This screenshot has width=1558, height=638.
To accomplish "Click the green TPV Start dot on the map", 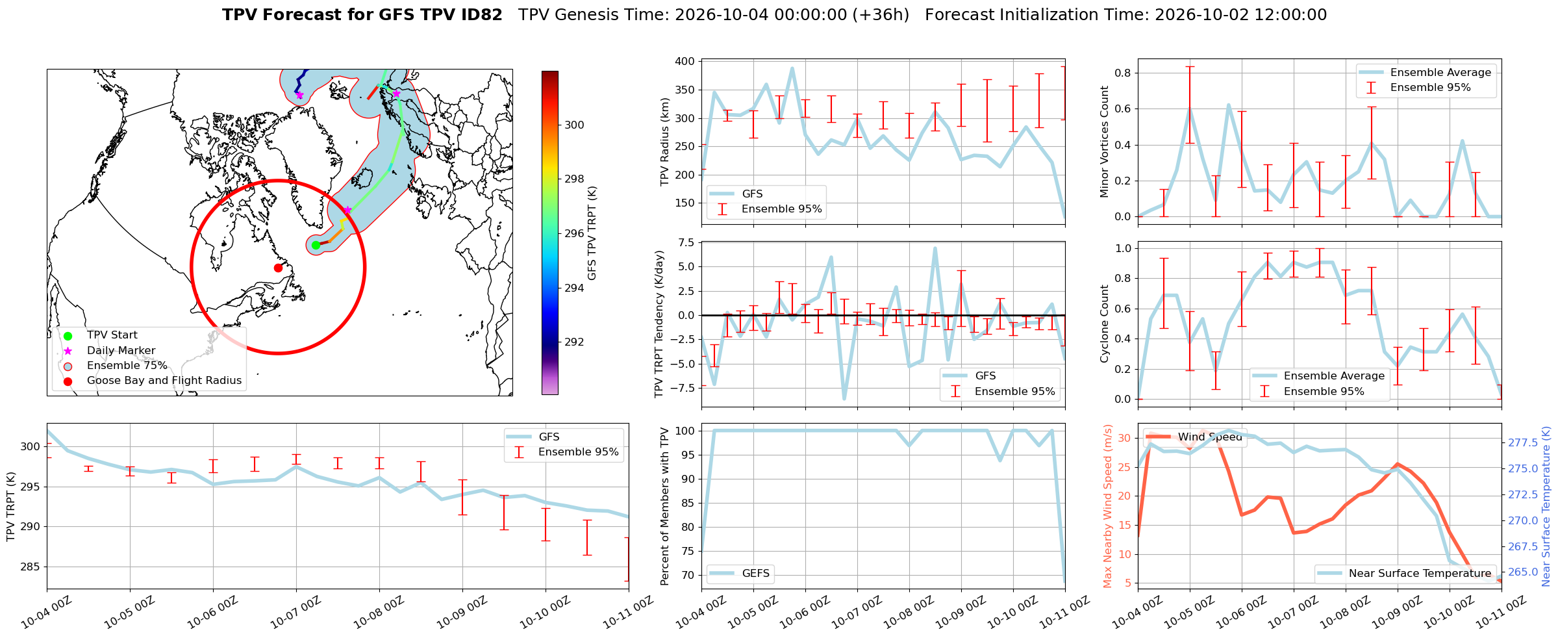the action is click(316, 245).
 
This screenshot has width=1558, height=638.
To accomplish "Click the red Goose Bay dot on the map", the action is click(278, 268).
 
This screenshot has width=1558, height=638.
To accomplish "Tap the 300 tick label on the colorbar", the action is click(574, 125).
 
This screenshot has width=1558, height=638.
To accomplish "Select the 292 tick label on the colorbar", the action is click(574, 342).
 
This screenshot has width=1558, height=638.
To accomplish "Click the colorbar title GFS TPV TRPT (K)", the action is click(592, 233).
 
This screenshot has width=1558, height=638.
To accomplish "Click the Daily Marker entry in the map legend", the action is click(121, 351).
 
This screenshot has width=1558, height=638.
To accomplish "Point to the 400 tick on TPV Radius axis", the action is click(685, 61).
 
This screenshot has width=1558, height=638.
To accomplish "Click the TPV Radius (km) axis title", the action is click(664, 142).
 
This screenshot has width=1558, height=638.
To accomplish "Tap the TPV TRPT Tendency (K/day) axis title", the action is click(659, 324).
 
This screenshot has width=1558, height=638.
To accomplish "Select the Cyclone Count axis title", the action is click(1104, 324).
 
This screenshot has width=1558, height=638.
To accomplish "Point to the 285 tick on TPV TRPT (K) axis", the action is click(31, 567).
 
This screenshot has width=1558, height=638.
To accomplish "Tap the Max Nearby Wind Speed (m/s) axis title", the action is click(1107, 506).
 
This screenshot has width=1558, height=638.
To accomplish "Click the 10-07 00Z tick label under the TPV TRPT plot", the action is click(295, 613).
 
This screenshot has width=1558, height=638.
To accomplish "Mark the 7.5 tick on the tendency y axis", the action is click(686, 242).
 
